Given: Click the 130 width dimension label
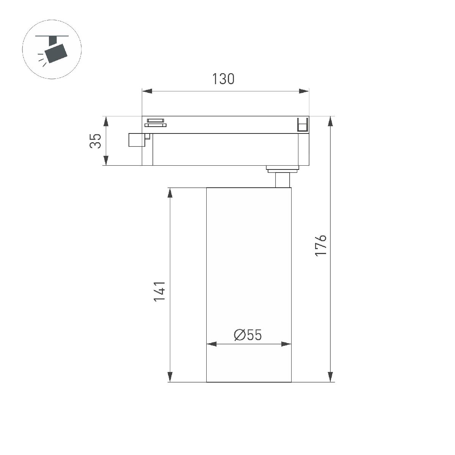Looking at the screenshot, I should point(223,79).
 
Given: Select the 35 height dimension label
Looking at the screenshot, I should point(96,141).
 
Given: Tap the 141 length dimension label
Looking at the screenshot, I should point(160,291).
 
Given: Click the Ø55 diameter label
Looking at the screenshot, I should point(248,335).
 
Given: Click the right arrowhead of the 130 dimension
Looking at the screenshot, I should point(304,91).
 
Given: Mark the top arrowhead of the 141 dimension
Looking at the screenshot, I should point(170,193).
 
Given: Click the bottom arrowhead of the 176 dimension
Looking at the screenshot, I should point(331,377).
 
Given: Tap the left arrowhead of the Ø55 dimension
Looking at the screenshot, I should point(211,344).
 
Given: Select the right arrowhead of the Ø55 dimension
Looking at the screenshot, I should point(286,344).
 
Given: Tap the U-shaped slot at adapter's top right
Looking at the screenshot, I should point(302,125).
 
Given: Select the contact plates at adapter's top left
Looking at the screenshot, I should point(156,123).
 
